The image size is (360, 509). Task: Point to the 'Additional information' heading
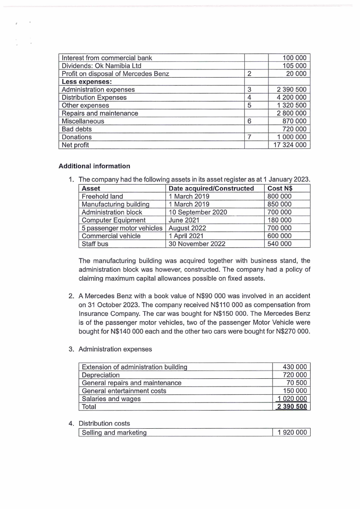(94, 166)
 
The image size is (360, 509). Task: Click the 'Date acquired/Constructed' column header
(211, 188)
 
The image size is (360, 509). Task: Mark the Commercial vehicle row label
(111, 236)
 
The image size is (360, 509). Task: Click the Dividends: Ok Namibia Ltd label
(102, 66)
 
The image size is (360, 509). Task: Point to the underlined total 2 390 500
(292, 406)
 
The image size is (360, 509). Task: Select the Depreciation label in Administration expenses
(101, 375)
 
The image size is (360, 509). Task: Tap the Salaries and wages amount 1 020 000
(292, 399)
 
